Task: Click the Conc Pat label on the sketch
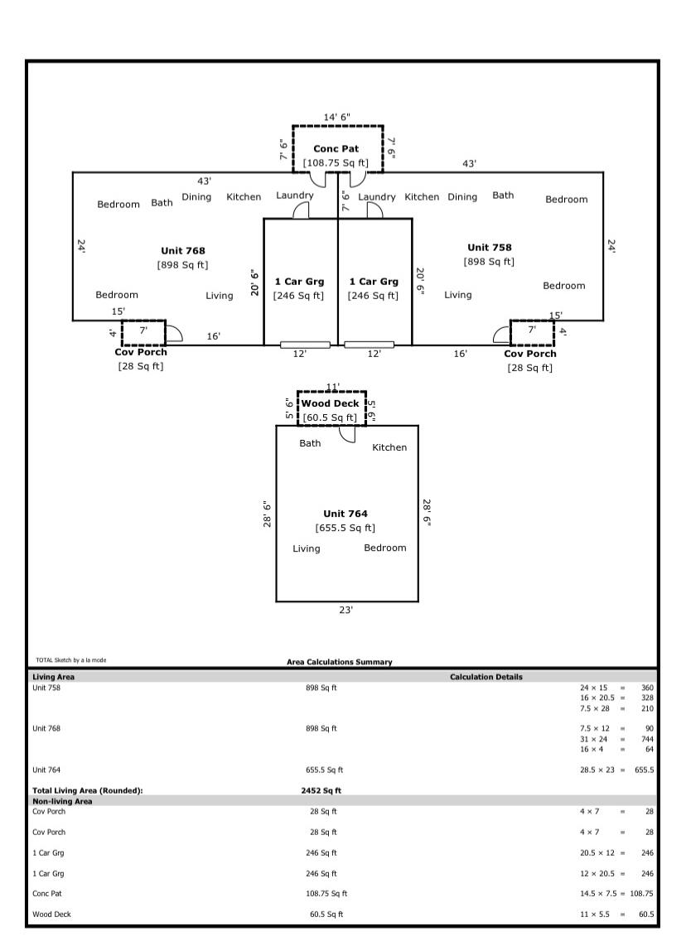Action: pos(336,148)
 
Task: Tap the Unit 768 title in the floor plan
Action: pos(182,250)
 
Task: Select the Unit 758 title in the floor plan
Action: pos(489,247)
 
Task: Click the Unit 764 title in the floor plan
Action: pos(345,514)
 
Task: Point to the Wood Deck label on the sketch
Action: pos(330,403)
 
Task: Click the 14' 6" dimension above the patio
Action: pos(336,117)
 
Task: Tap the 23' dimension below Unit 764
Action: pos(345,610)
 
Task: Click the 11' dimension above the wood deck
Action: pos(332,387)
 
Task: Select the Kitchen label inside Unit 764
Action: pos(389,447)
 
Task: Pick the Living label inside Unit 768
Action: pos(220,296)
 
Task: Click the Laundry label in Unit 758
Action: pos(377,197)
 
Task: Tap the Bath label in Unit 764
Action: pos(310,443)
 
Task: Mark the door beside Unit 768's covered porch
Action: pos(174,333)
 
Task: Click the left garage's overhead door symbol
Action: pos(305,345)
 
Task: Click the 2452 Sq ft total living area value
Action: pos(321,790)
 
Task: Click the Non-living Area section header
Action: pos(62,801)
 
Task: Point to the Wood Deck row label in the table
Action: pos(50,915)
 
